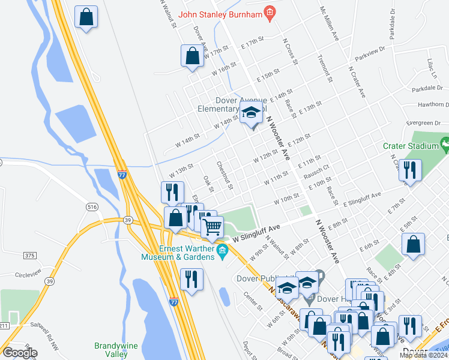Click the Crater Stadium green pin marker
(x=444, y=145)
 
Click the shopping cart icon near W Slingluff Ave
(x=212, y=227)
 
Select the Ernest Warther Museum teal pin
(x=223, y=251)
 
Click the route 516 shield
(x=92, y=207)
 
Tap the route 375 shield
(x=29, y=256)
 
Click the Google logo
(x=20, y=353)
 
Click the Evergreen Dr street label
(x=424, y=123)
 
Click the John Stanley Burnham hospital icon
(x=270, y=13)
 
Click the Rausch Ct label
(x=317, y=171)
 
